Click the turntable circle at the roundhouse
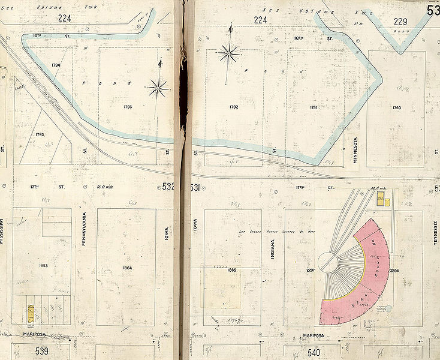pos(328,262)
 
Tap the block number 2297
pos(311,269)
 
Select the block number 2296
pos(394,270)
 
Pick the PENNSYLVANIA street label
pos(85,231)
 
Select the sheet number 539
pos(42,349)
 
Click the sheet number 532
pos(168,187)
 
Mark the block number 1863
pos(43,265)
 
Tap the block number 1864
pos(127,268)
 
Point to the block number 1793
pos(126,107)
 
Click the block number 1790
pos(396,107)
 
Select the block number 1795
pos(40,134)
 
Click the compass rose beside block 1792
pos(228,55)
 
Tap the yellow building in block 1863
pos(31,313)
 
